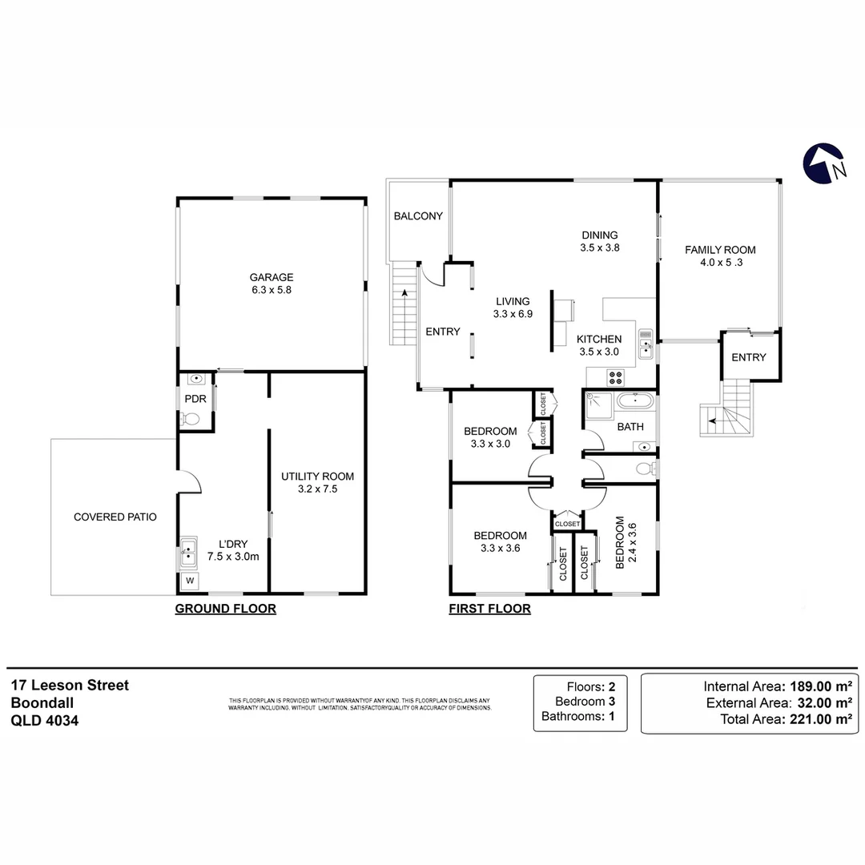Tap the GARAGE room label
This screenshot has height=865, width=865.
click(271, 278)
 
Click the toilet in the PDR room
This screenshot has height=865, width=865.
click(191, 418)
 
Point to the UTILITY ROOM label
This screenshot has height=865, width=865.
click(317, 476)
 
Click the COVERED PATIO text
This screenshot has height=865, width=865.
click(115, 517)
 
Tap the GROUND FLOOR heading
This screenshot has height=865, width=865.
click(225, 609)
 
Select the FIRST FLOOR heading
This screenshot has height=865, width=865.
click(489, 609)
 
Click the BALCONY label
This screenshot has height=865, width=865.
click(418, 216)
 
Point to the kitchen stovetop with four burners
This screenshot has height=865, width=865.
click(617, 376)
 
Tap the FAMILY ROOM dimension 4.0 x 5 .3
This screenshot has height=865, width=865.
click(719, 264)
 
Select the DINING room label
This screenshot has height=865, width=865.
click(599, 235)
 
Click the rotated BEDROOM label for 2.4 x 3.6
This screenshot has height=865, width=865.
click(619, 542)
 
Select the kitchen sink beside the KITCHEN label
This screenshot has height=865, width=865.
click(646, 344)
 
